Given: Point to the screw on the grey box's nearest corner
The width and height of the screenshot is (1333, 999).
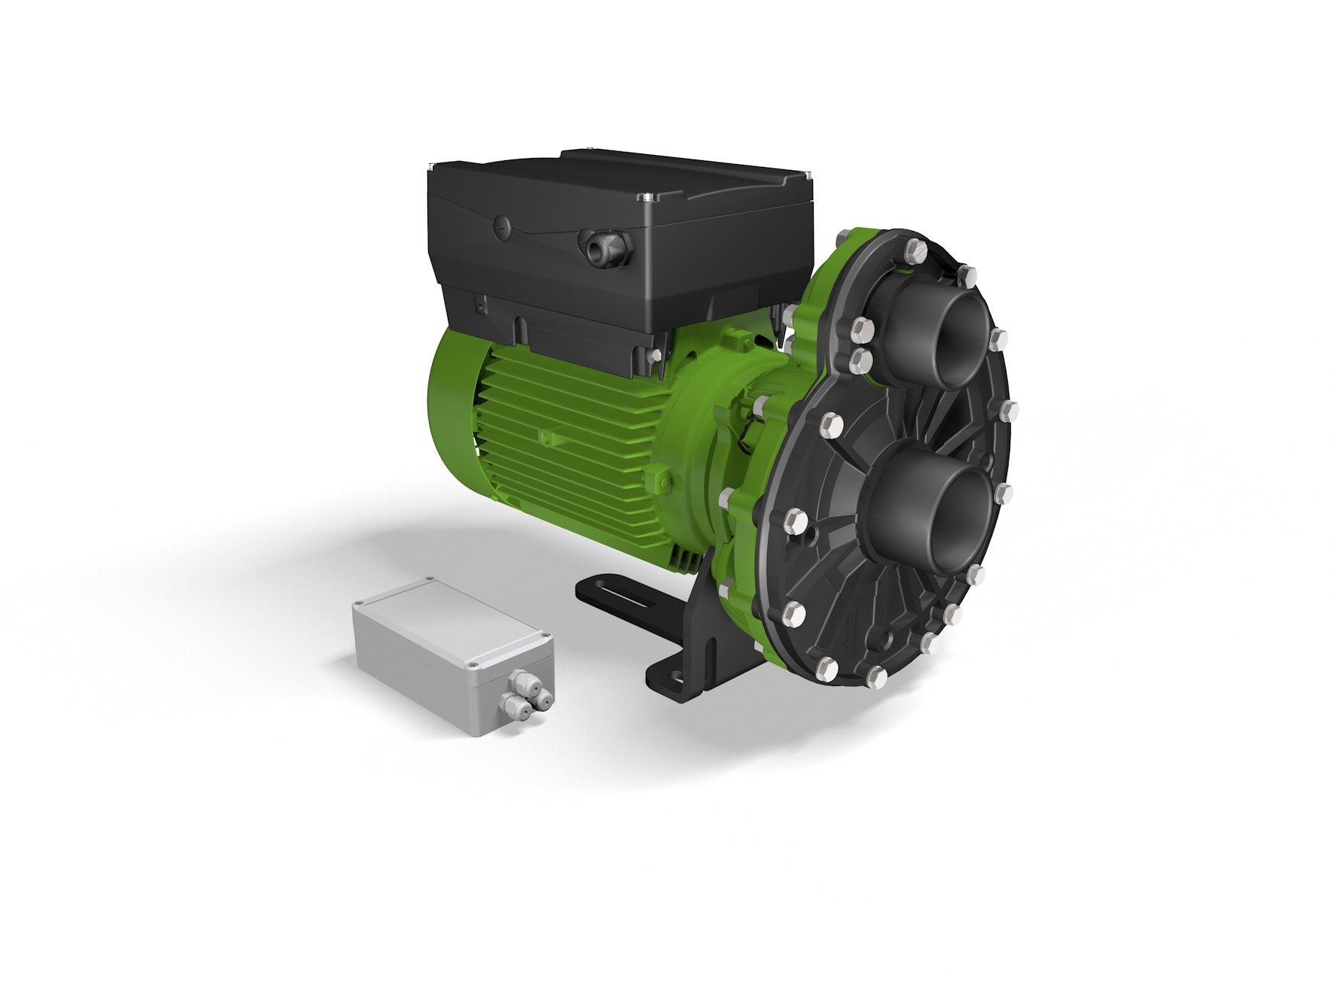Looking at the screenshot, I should (471, 665).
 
